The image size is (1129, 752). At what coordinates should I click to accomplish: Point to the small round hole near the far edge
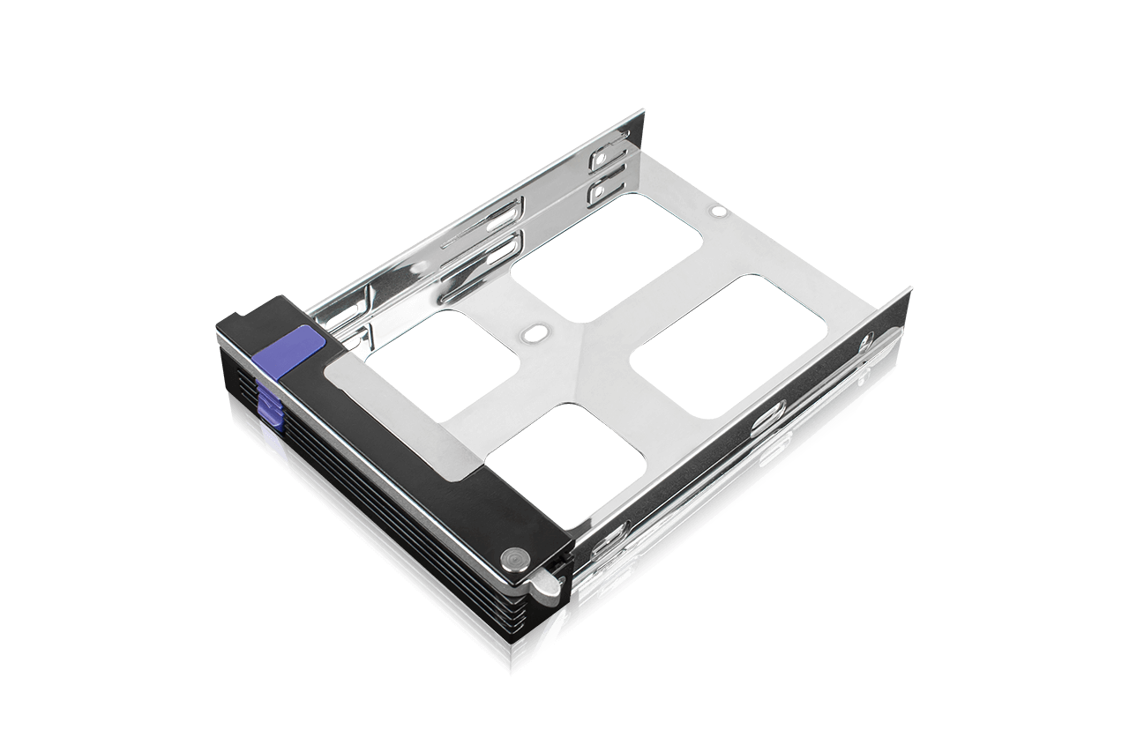(x=718, y=212)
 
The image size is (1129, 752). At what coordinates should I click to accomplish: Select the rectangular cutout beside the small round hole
(x=609, y=256)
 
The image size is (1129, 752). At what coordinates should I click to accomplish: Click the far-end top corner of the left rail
(x=642, y=111)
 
